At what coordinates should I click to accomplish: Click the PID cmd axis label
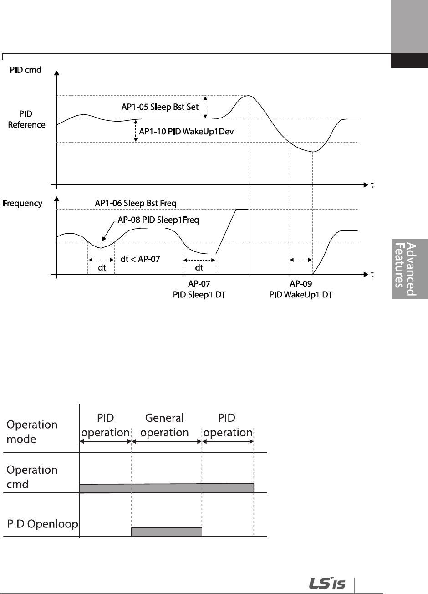(x=26, y=70)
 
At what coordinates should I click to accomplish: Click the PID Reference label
(x=26, y=119)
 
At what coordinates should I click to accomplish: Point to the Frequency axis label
(x=23, y=204)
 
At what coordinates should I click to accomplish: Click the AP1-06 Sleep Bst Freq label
(x=135, y=203)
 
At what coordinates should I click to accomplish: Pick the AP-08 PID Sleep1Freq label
(x=158, y=220)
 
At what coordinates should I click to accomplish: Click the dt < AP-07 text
(x=140, y=259)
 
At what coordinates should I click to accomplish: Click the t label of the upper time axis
(x=372, y=185)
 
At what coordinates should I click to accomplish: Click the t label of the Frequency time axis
(x=372, y=275)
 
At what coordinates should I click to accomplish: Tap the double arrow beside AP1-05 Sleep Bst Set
(x=205, y=107)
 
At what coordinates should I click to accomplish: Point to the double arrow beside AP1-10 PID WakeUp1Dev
(x=135, y=131)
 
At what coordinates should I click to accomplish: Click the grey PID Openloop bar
(x=167, y=532)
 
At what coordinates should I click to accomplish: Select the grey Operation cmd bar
(x=167, y=487)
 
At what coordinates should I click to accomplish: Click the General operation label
(x=164, y=425)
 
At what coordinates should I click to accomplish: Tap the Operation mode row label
(x=32, y=431)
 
